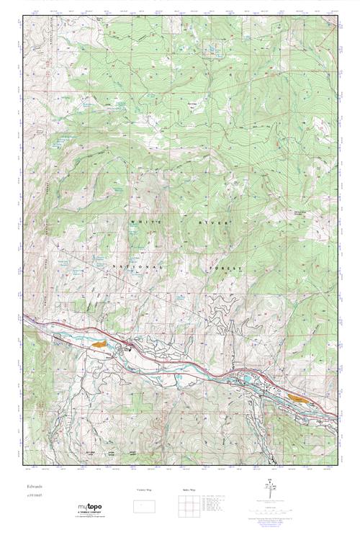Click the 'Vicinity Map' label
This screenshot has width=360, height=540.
[x=144, y=490]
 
